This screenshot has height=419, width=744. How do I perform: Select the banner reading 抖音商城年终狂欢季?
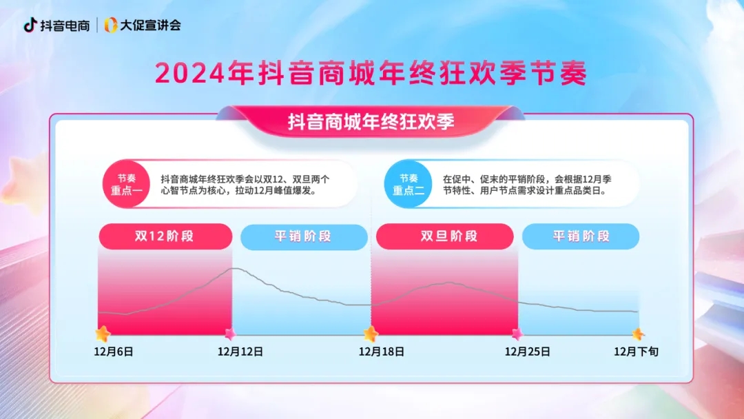pyautogui.click(x=371, y=122)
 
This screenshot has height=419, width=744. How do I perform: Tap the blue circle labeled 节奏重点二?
pyautogui.click(x=409, y=184)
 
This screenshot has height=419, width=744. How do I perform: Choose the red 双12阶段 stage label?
pyautogui.click(x=165, y=236)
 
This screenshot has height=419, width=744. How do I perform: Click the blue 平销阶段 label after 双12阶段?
pyautogui.click(x=303, y=236)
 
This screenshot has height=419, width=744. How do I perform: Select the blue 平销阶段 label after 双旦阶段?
pyautogui.click(x=581, y=236)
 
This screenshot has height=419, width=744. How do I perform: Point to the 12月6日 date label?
pyautogui.click(x=114, y=351)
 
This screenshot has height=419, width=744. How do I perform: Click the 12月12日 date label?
pyautogui.click(x=240, y=351)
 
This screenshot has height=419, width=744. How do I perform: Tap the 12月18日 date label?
pyautogui.click(x=382, y=351)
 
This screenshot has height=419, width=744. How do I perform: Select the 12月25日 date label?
pyautogui.click(x=528, y=351)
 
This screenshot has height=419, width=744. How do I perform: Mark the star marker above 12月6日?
pyautogui.click(x=103, y=334)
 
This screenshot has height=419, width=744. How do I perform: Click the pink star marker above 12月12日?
pyautogui.click(x=230, y=334)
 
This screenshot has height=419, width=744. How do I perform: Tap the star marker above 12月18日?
pyautogui.click(x=371, y=334)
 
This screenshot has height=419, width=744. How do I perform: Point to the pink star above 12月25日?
pyautogui.click(x=517, y=334)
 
